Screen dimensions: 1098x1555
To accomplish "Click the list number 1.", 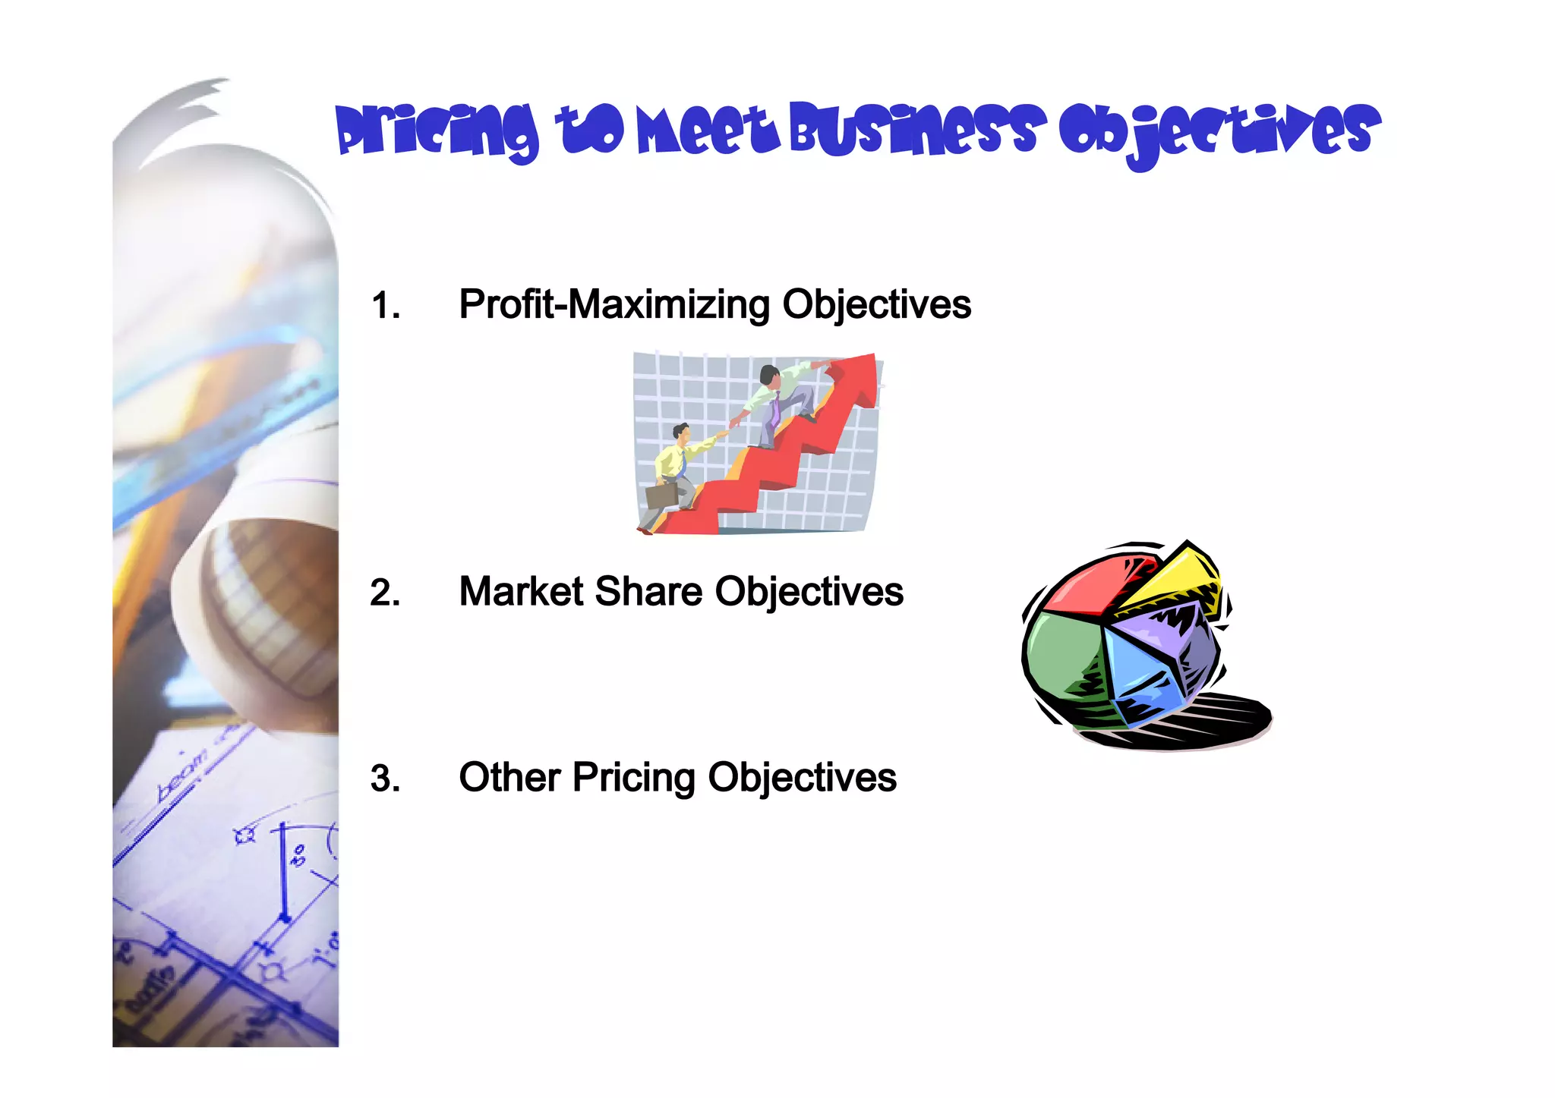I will pyautogui.click(x=385, y=306).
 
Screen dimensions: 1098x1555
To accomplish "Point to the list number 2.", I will pyautogui.click(x=385, y=593).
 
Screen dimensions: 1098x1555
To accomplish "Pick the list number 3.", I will pyautogui.click(x=385, y=779).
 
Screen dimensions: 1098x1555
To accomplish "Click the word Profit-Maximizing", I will pyautogui.click(x=614, y=305).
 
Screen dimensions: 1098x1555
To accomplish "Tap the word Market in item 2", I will pyautogui.click(x=521, y=592).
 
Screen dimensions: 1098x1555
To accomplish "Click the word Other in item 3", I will pyautogui.click(x=509, y=778).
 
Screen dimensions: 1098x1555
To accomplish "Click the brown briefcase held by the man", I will pyautogui.click(x=661, y=496).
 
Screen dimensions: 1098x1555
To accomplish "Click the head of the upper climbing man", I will pyautogui.click(x=769, y=375).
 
